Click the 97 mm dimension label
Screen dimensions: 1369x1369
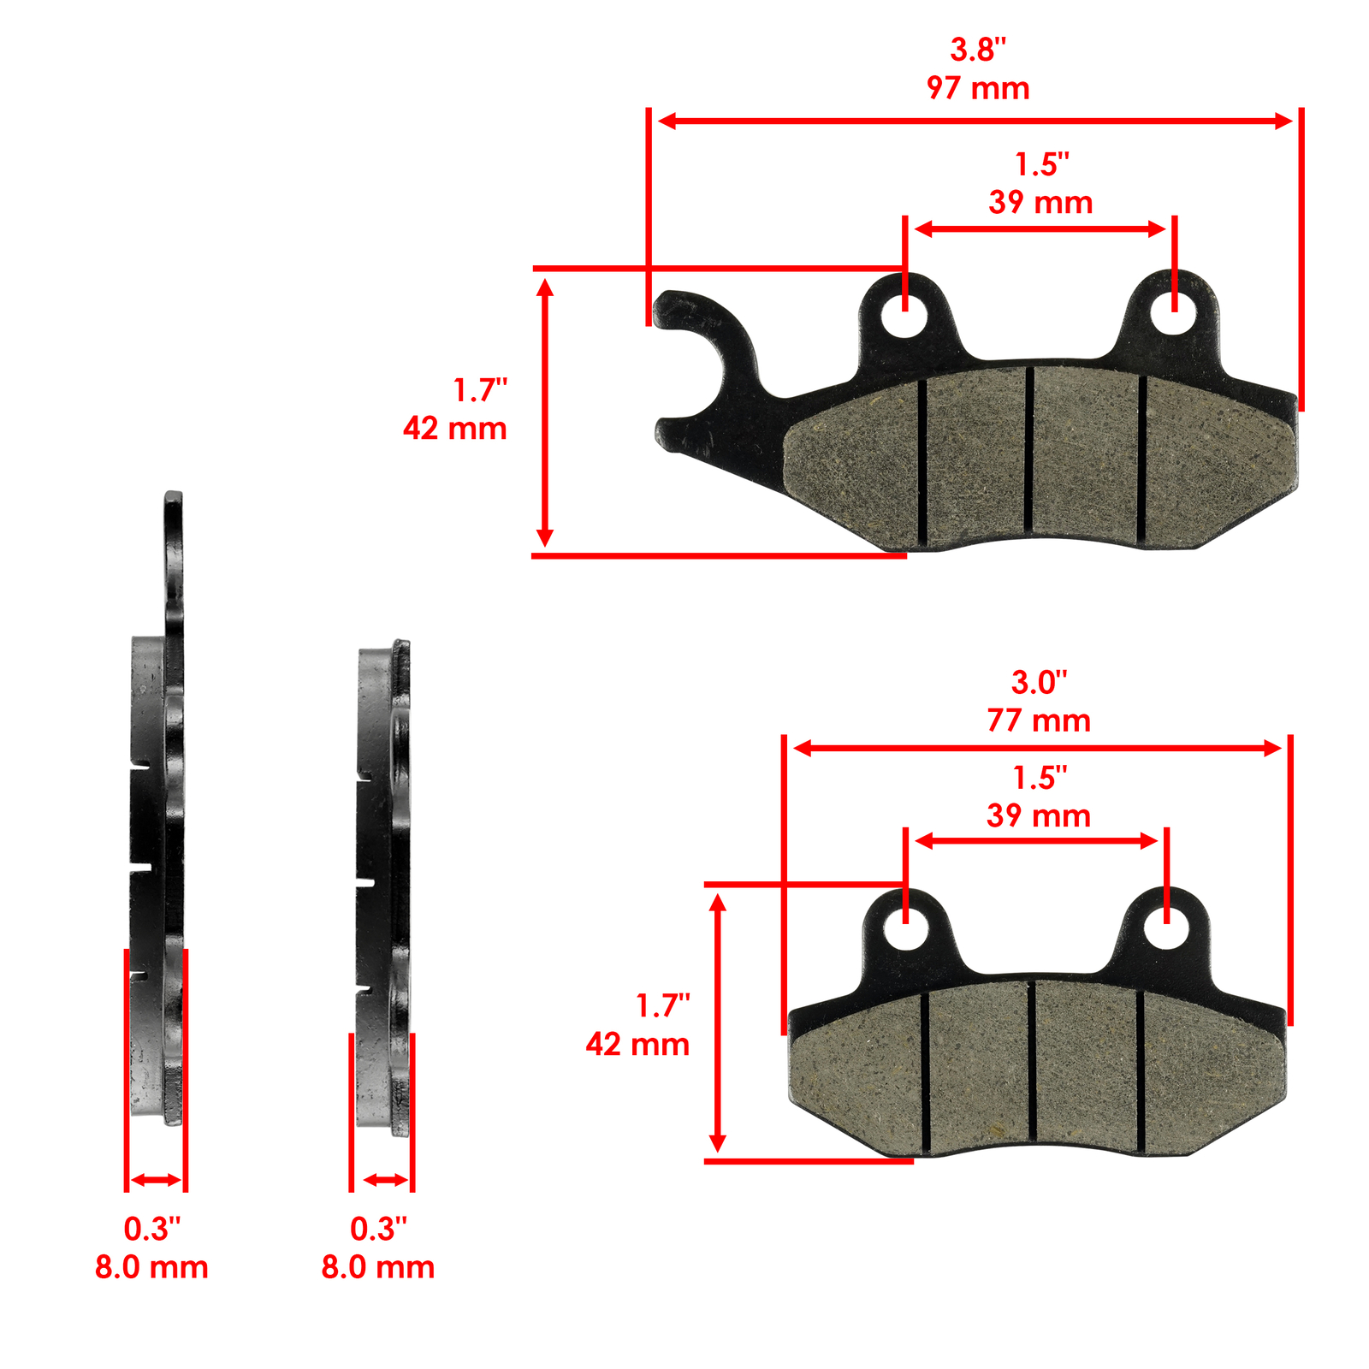pyautogui.click(x=977, y=88)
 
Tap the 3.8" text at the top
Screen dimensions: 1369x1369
pyautogui.click(x=977, y=50)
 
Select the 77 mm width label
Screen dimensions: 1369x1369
pyautogui.click(x=1038, y=720)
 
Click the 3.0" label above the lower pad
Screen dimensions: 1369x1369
pyautogui.click(x=1039, y=682)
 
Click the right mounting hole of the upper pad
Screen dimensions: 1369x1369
pyautogui.click(x=1172, y=313)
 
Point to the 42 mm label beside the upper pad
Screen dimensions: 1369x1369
pyautogui.click(x=454, y=428)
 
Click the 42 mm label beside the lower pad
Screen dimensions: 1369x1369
pyautogui.click(x=637, y=1044)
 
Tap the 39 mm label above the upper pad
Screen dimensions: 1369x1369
pyautogui.click(x=1040, y=203)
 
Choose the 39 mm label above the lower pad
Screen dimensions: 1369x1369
pyautogui.click(x=1038, y=815)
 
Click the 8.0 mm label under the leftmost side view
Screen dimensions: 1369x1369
pyautogui.click(x=151, y=1267)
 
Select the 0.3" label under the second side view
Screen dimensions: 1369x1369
pyautogui.click(x=378, y=1229)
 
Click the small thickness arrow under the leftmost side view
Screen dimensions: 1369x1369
pyautogui.click(x=156, y=1180)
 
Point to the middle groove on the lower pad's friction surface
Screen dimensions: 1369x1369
pyautogui.click(x=1032, y=1061)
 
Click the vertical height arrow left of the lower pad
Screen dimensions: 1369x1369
pyautogui.click(x=718, y=1022)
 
